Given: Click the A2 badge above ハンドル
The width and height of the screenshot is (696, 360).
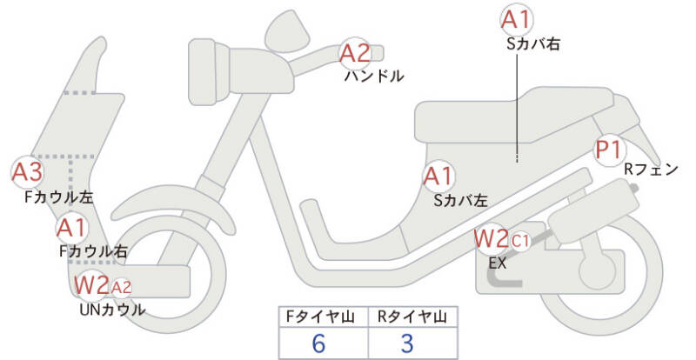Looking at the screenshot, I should (354, 53).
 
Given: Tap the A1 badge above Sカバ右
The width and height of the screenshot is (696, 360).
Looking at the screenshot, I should (517, 18).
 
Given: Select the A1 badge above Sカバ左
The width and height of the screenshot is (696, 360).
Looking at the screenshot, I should (438, 177).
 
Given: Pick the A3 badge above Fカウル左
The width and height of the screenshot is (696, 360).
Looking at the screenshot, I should (26, 171).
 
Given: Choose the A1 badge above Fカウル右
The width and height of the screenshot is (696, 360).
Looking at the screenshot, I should (70, 230).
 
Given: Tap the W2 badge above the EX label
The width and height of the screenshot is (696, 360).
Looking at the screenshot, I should (491, 237).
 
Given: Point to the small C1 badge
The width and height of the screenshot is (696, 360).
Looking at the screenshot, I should (519, 239).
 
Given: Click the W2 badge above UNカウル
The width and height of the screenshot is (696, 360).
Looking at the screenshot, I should (91, 284).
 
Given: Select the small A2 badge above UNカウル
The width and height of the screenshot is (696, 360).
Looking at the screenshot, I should (121, 286).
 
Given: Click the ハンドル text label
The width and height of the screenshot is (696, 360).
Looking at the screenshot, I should (374, 76).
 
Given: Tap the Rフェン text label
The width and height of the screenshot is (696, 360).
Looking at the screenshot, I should (651, 170).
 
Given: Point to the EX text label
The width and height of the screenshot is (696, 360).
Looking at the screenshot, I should (497, 261).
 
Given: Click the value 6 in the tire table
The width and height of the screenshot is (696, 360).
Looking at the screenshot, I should (318, 343).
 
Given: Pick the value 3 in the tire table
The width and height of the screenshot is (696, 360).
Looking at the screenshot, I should (407, 343).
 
